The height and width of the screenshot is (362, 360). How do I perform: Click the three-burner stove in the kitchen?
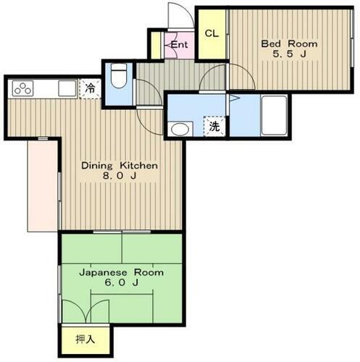tap(23, 89)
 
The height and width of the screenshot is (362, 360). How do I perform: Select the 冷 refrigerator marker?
tap(90, 88)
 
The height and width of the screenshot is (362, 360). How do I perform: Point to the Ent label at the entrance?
tap(179, 45)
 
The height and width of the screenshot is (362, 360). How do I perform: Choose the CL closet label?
tap(211, 34)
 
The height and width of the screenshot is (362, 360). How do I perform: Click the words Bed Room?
tap(288, 43)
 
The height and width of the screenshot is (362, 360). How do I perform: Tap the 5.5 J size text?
tap(288, 54)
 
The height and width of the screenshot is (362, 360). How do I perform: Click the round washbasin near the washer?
tap(178, 130)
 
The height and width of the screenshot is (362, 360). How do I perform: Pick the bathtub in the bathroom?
tap(274, 114)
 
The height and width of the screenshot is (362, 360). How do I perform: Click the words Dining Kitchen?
tap(119, 166)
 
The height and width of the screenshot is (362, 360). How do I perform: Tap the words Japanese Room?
tap(120, 273)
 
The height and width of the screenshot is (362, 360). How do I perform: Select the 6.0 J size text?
tap(120, 285)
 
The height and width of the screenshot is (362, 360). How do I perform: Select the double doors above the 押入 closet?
tap(85, 311)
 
